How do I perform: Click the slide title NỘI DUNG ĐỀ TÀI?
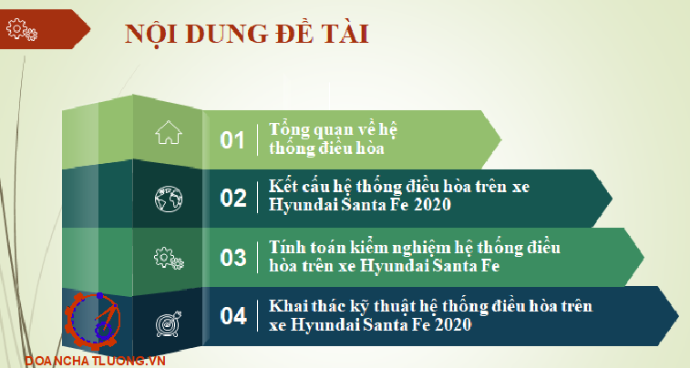(x=246, y=34)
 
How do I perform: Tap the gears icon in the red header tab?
(x=22, y=29)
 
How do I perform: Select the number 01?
(x=232, y=140)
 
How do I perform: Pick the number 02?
(x=233, y=198)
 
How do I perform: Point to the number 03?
(x=233, y=257)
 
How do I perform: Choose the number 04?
(x=233, y=316)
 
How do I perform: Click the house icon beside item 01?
(x=169, y=133)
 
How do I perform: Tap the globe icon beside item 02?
(x=169, y=199)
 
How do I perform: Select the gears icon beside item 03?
(x=169, y=258)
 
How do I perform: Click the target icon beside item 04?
(x=169, y=324)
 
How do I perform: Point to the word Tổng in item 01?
(x=286, y=130)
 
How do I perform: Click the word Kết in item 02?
(x=280, y=187)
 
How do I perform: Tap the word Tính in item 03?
(x=283, y=248)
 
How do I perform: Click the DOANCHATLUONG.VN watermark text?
(x=95, y=361)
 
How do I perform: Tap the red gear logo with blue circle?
(x=93, y=321)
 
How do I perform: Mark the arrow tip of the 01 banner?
(x=501, y=139)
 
